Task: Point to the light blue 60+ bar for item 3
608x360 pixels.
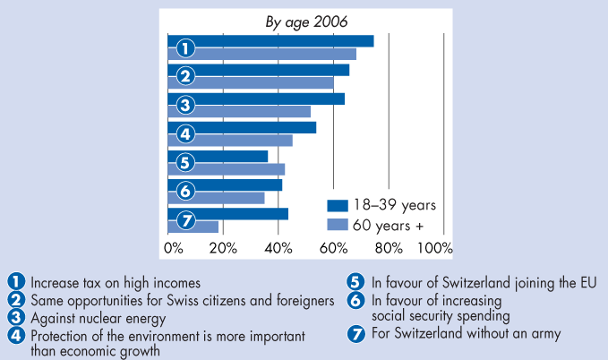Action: (x=251, y=112)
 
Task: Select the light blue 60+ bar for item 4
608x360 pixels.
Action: (x=242, y=141)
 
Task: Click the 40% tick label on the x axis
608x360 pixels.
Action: (x=279, y=246)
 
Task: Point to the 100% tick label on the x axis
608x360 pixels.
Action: (x=436, y=246)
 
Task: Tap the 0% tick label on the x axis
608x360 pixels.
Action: (x=174, y=246)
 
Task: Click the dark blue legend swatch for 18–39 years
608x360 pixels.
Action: (x=338, y=205)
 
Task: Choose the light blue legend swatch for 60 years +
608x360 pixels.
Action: (x=338, y=224)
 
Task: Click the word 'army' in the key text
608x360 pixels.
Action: (x=545, y=336)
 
